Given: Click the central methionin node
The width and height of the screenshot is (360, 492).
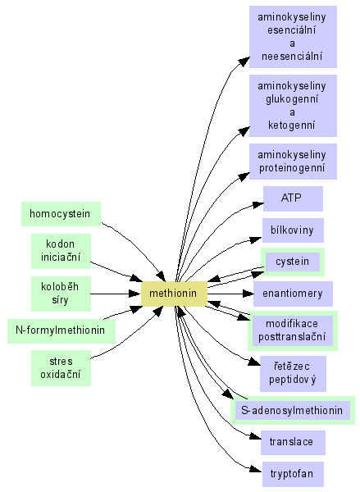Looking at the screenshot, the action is [174, 294].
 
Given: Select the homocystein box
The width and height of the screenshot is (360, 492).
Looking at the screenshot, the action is [61, 214].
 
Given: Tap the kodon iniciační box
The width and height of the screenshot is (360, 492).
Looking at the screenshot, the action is [61, 251].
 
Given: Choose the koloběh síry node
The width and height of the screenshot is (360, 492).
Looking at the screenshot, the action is [61, 294].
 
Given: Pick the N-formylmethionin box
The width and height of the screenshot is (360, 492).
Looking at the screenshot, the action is [62, 330].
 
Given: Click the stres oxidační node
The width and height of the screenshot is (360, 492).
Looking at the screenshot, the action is [61, 368].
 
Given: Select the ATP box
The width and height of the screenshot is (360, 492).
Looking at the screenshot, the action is [293, 198].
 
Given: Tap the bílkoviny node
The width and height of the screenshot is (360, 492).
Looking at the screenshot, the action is [293, 230].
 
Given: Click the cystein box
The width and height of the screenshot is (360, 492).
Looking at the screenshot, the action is [293, 262].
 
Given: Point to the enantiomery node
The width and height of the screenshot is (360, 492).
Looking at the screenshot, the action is [293, 294].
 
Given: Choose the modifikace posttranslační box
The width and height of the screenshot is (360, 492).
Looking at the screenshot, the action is [293, 330].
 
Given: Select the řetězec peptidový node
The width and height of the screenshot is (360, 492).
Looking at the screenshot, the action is [293, 374].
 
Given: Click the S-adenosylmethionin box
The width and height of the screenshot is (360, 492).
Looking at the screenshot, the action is [293, 411].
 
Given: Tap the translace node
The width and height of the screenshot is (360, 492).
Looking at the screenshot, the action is [293, 443].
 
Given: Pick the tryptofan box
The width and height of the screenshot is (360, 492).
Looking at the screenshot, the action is [293, 474].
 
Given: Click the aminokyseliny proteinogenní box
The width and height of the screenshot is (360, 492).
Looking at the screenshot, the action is [293, 162].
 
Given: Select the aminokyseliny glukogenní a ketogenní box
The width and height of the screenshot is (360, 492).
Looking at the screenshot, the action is [293, 106].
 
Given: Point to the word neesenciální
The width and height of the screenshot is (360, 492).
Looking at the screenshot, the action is [292, 57].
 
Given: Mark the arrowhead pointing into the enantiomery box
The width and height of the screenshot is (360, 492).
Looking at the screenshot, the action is [248, 294].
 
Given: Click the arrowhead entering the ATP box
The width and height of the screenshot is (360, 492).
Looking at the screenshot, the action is [258, 205].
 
